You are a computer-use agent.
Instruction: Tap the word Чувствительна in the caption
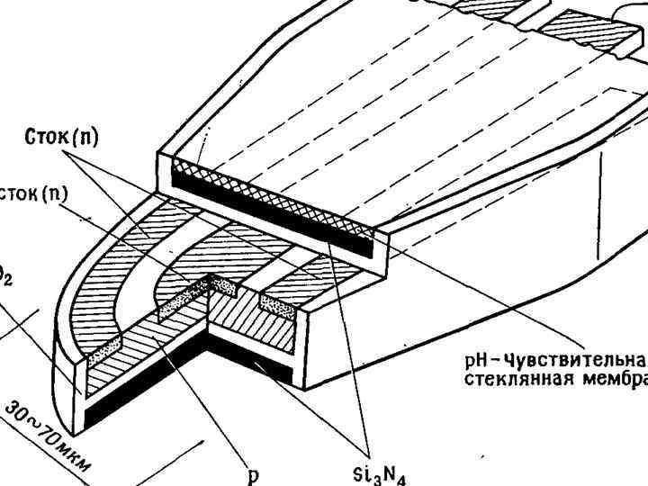click(562, 360)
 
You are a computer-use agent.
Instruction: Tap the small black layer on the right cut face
click(283, 367)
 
